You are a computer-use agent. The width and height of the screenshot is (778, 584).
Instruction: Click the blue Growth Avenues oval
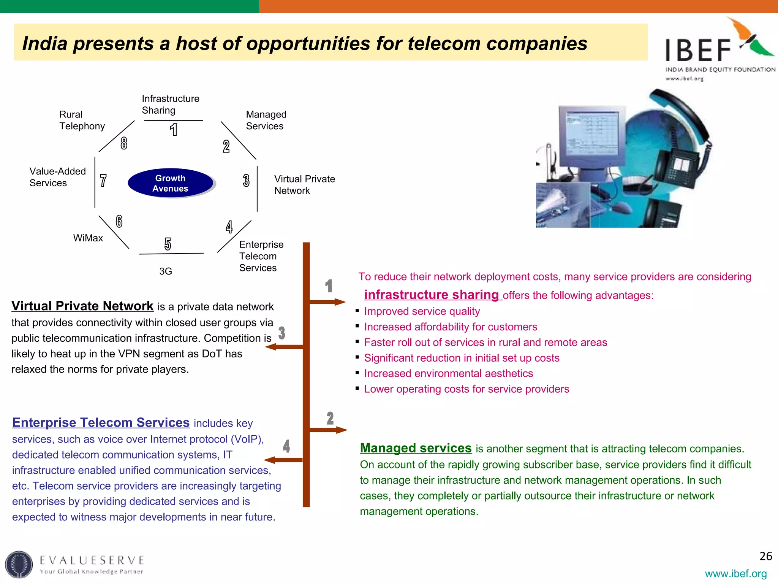[x=171, y=183]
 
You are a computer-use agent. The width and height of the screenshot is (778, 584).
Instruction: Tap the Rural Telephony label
[x=82, y=120]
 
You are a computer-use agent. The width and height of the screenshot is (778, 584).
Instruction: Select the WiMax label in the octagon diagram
[x=88, y=238]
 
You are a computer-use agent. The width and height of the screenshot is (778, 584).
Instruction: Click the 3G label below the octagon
[x=166, y=271]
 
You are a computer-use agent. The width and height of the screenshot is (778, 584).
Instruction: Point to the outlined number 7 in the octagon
[x=103, y=181]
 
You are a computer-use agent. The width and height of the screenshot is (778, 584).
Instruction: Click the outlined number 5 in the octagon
[x=168, y=244]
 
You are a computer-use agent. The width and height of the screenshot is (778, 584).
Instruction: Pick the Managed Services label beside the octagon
[x=266, y=120]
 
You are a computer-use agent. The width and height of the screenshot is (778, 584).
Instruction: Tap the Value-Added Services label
[x=57, y=177]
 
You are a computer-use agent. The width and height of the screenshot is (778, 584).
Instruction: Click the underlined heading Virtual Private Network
[x=82, y=306]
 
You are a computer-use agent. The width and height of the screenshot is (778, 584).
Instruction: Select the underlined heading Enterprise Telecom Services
[x=101, y=422]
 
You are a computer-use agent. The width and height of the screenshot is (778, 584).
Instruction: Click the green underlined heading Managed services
[x=416, y=448]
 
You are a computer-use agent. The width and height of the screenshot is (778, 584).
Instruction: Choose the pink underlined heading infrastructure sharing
[x=431, y=295]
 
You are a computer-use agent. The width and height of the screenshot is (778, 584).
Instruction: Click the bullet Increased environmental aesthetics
[x=448, y=373]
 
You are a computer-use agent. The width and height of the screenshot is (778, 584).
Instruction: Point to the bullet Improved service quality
[x=422, y=311]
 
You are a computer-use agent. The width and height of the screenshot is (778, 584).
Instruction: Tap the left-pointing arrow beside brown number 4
[x=283, y=460]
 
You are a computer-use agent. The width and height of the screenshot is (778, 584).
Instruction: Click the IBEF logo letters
[x=698, y=50]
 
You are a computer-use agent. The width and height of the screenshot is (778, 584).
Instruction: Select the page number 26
[x=765, y=556]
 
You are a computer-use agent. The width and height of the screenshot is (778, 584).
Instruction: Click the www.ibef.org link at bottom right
[x=735, y=573]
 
